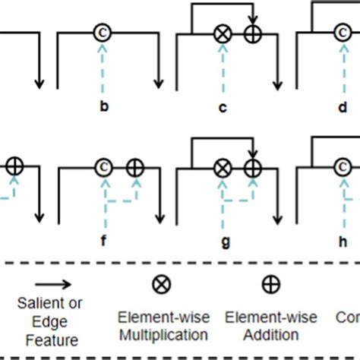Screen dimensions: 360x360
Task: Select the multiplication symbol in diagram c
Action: pyautogui.click(x=223, y=33)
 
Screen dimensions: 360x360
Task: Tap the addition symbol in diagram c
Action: pyautogui.click(x=253, y=33)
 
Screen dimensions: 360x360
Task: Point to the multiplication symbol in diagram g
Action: pyautogui.click(x=223, y=166)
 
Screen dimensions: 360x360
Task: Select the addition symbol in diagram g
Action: pyautogui.click(x=253, y=166)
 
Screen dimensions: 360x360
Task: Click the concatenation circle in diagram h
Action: pyautogui.click(x=343, y=166)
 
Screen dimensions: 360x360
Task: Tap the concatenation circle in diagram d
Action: pyautogui.click(x=343, y=33)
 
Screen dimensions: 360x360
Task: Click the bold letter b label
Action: pyautogui.click(x=103, y=107)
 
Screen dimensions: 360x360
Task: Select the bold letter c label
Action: pyautogui.click(x=223, y=107)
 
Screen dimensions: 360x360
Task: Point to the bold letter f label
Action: pyautogui.click(x=103, y=242)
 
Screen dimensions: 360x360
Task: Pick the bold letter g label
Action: pyautogui.click(x=223, y=242)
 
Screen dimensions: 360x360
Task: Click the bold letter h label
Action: pyautogui.click(x=343, y=242)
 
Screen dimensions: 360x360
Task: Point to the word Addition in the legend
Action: pyautogui.click(x=270, y=334)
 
